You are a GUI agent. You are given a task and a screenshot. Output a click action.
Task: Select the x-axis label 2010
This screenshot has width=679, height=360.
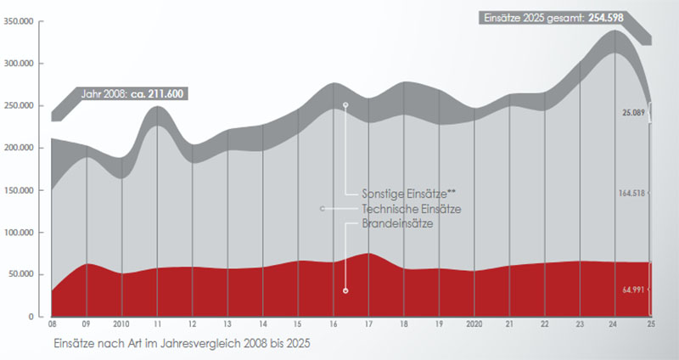tap(122, 323)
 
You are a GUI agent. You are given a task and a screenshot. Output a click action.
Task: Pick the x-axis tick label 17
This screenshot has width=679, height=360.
tap(369, 323)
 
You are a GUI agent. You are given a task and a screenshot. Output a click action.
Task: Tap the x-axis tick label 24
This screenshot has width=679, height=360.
tap(615, 323)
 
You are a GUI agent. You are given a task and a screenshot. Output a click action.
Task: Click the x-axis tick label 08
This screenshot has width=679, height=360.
tap(53, 323)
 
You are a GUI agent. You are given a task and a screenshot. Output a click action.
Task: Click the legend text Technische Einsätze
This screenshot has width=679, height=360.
tap(411, 209)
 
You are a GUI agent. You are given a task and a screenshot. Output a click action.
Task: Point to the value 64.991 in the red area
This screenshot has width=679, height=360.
tap(634, 290)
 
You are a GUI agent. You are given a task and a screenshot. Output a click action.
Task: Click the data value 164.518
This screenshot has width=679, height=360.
tap(634, 193)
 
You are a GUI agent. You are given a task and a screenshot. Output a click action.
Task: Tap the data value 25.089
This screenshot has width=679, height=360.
tap(634, 111)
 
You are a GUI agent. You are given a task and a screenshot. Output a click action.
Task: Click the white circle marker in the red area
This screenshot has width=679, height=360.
tap(346, 290)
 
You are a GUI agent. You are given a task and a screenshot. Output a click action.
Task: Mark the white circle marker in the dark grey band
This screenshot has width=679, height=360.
tap(345, 104)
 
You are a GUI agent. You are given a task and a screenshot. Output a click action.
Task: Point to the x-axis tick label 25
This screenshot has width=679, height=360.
tap(650, 323)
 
